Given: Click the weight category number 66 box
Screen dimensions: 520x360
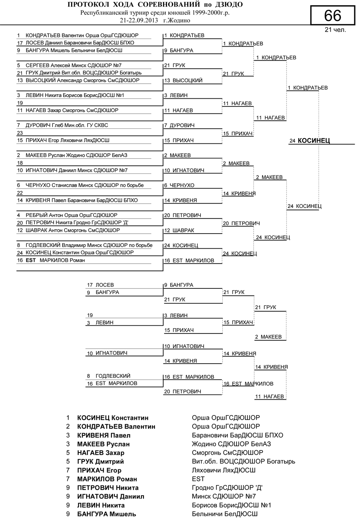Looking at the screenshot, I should [x=333, y=16].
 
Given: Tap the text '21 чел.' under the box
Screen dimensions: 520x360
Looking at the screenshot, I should [x=335, y=30].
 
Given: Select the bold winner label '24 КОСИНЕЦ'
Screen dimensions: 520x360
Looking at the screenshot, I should [x=310, y=141].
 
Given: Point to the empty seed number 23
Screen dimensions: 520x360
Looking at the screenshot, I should [x=20, y=133].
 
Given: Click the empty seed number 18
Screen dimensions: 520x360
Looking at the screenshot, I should [x=20, y=162].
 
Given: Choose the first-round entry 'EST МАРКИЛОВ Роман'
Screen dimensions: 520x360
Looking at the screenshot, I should [x=55, y=260].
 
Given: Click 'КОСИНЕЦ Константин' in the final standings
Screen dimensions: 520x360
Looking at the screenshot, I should [x=113, y=418].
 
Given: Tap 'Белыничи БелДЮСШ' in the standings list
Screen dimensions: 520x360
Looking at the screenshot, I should [x=224, y=514].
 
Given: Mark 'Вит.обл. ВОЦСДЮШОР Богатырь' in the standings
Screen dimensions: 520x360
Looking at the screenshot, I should [x=243, y=461].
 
